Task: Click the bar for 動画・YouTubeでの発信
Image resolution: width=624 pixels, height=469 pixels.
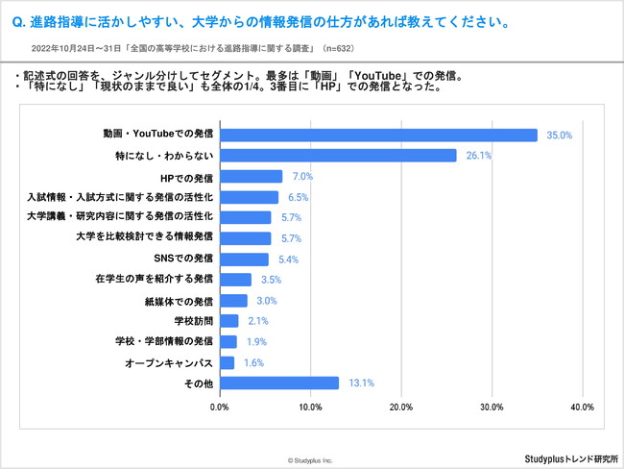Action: tap(378, 136)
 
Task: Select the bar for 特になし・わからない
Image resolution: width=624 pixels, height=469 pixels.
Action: tap(338, 156)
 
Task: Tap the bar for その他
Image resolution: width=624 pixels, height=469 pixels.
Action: tap(278, 383)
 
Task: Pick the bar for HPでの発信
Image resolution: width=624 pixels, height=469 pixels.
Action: tap(251, 177)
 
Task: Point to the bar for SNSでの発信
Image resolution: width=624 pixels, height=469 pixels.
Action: tap(244, 259)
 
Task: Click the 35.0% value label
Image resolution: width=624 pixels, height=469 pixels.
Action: tap(560, 136)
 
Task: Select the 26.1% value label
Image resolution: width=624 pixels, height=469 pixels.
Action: tap(479, 156)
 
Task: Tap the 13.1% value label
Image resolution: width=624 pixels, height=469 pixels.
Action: tap(361, 383)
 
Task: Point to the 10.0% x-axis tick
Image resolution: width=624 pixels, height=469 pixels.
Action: tap(310, 407)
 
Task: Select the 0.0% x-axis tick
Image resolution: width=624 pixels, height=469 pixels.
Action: tap(220, 407)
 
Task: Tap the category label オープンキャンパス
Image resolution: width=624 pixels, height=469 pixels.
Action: tap(169, 362)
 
